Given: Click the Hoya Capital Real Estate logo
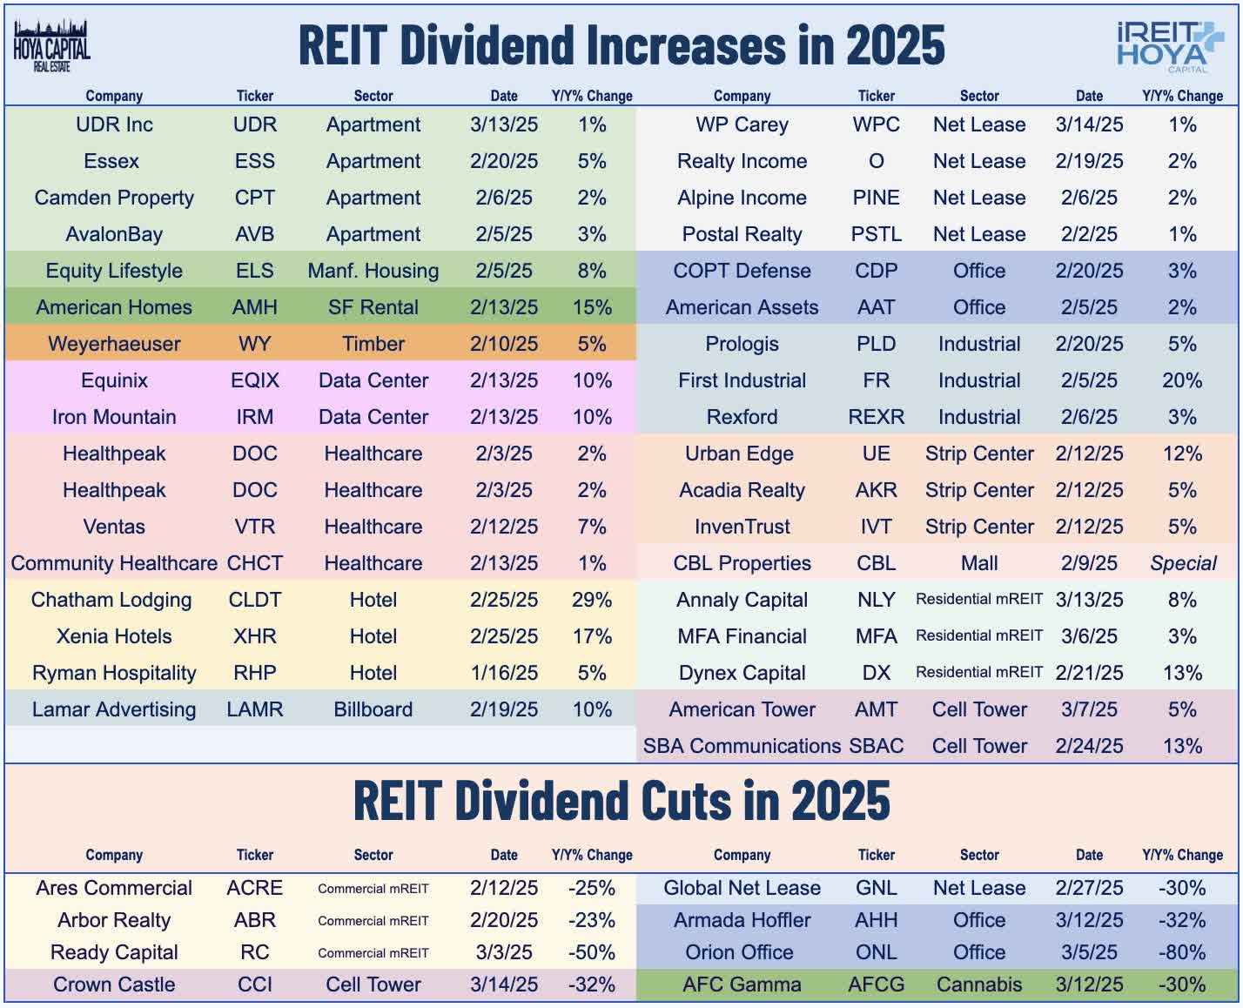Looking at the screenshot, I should point(51,45).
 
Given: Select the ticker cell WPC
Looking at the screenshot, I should point(876,124).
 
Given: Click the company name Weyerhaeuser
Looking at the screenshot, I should point(114,344).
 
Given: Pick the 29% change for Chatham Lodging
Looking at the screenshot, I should point(592,600).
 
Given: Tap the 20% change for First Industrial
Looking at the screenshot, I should point(1181,380).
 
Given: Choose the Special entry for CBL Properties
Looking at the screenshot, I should point(1182,563).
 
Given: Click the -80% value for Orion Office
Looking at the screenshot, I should point(1181,952).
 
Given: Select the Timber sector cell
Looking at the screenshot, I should point(373,344).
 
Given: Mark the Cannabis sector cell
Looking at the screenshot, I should point(979,984).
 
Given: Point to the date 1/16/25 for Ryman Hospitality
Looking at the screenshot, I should point(503,673).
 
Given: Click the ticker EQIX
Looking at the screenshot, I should point(255,380).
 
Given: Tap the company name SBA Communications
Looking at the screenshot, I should point(742,746).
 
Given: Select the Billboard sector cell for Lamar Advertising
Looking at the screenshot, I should point(373,709).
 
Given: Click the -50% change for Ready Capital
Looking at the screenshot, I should point(592,952).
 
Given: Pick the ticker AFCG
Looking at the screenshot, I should point(876,984).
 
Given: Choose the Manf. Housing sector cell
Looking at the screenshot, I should point(373,271).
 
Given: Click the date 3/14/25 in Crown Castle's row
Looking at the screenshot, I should point(503,984).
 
